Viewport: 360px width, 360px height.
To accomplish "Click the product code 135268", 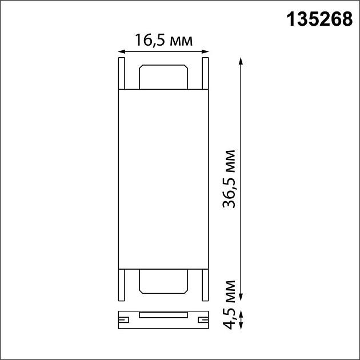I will coord(318,21).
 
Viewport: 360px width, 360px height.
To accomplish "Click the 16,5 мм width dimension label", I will coord(163,40).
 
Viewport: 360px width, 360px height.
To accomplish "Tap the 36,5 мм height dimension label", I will coord(229,180).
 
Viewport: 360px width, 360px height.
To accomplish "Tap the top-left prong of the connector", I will coord(121,73).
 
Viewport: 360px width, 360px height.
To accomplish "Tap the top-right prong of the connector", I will coord(205,73).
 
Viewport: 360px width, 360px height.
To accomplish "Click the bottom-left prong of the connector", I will coord(121,284).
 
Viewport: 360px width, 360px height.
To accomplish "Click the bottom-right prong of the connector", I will coord(205,284).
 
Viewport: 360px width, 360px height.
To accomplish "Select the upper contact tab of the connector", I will coord(163,77).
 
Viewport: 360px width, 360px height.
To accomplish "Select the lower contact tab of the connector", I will coord(163,281).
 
